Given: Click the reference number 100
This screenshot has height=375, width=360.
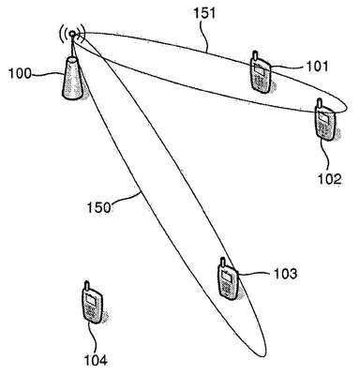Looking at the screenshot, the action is click(x=20, y=74).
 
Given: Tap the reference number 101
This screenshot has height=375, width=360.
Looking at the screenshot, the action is click(x=317, y=67).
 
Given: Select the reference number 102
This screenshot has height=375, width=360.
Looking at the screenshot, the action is click(x=330, y=179).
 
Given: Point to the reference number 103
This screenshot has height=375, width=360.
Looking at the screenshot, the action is click(x=285, y=274).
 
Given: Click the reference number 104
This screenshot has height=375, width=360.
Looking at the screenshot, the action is click(x=96, y=360).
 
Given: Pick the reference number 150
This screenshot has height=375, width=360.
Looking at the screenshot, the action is click(x=98, y=207).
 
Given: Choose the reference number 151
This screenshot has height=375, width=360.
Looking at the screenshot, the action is click(x=204, y=13).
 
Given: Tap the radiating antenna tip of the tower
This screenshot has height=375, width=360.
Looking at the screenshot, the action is click(x=72, y=33).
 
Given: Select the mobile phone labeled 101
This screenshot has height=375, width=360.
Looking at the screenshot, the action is click(x=260, y=72).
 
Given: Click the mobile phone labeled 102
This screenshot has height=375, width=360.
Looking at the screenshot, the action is click(x=325, y=120).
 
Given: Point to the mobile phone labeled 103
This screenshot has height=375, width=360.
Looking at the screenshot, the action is click(x=228, y=279).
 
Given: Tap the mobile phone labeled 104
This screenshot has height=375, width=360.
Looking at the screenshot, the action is click(x=92, y=302).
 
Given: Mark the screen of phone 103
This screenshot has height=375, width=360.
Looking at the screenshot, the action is click(x=227, y=277).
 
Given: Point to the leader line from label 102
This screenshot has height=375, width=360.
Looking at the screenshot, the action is click(x=326, y=156).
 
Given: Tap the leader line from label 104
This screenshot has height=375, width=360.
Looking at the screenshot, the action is click(x=93, y=337).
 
